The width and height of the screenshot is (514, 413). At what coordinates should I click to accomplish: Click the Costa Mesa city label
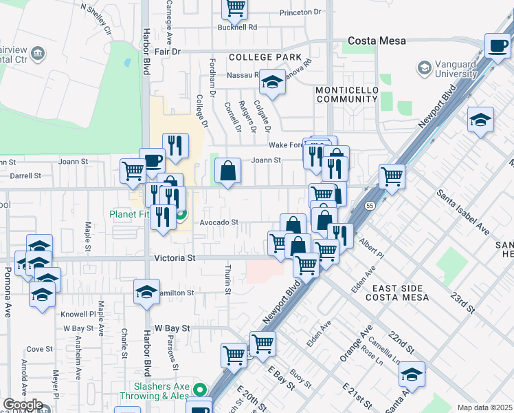pos(377,41)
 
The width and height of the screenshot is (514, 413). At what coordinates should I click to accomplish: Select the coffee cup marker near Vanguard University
pos(498,45)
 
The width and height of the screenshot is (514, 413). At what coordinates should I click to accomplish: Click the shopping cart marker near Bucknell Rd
pos(235,8)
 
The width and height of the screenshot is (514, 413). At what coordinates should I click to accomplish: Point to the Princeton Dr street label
pos(300,12)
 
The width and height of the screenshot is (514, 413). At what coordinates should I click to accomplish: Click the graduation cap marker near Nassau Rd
pos(272,83)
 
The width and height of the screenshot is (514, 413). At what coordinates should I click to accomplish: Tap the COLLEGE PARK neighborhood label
pos(265,56)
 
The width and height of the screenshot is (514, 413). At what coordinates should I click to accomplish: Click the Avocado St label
pos(219,222)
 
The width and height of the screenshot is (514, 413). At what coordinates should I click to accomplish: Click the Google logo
pos(22,405)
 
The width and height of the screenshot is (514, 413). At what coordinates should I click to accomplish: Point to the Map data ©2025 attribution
pos(484,407)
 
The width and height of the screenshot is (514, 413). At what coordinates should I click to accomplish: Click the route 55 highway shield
pos(370,205)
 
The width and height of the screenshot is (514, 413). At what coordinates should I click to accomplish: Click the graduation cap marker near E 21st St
pos(411,374)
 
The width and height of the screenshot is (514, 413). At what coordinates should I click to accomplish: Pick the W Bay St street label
pos(171,328)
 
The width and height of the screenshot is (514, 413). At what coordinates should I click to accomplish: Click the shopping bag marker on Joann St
pos(227,171)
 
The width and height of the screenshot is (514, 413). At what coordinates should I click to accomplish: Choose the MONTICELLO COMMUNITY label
pos(346,94)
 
